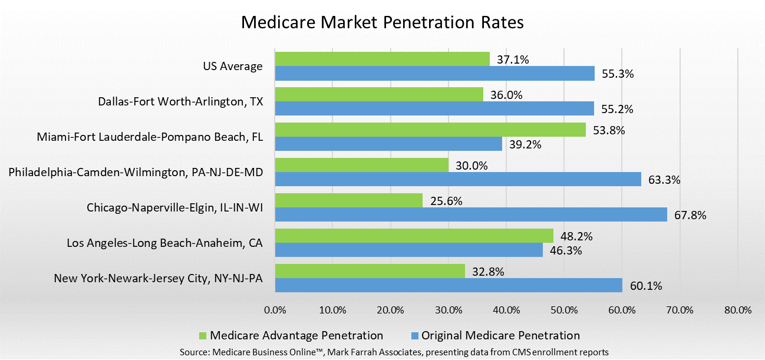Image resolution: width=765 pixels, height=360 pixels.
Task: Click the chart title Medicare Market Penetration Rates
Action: click(382, 23)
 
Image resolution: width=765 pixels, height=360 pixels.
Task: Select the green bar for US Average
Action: click(382, 59)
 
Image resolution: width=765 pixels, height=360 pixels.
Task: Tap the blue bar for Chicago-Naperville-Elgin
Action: click(471, 214)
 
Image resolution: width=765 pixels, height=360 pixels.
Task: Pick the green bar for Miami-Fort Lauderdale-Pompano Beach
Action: click(430, 130)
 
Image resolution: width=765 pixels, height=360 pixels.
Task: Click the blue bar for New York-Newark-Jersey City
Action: click(449, 285)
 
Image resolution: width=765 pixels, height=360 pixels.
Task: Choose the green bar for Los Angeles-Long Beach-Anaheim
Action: click(414, 236)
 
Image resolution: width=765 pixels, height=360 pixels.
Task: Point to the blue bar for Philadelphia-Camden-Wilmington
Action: click(458, 179)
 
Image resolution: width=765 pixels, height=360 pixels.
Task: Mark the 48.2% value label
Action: click(576, 236)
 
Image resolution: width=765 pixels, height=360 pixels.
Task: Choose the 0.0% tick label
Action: click(275, 310)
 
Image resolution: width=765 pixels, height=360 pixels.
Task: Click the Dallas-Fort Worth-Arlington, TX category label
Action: click(180, 101)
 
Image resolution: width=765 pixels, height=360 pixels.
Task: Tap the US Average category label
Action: click(233, 66)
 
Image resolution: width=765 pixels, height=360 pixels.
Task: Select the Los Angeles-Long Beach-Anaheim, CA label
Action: click(164, 243)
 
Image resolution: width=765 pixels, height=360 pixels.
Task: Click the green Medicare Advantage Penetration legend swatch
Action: click(203, 336)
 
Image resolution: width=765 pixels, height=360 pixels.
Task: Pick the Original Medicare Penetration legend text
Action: click(500, 335)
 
